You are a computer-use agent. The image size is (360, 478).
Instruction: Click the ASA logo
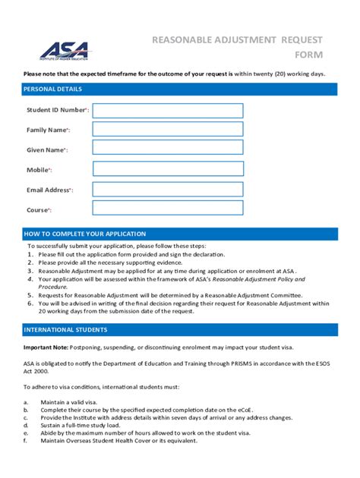[64, 50]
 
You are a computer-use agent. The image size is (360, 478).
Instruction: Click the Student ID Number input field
[168, 111]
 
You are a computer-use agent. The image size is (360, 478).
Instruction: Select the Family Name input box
[168, 130]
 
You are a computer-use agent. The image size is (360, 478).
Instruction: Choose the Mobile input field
[168, 169]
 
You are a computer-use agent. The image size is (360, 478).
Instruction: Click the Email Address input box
[168, 189]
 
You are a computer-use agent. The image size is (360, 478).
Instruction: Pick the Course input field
[168, 208]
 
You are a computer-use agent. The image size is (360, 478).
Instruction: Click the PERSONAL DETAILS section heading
[53, 90]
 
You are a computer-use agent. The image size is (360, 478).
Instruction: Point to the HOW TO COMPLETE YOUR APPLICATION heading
[84, 234]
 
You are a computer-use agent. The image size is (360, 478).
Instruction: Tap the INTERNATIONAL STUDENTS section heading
[65, 330]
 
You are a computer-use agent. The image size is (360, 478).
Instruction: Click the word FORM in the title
[310, 55]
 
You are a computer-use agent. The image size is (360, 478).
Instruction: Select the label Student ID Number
[57, 111]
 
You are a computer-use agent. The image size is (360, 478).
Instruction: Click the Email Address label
[49, 190]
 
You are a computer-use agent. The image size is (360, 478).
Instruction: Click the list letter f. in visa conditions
[25, 441]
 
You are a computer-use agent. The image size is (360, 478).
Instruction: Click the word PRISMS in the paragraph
[228, 363]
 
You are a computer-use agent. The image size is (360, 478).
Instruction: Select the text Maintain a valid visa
[69, 401]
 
